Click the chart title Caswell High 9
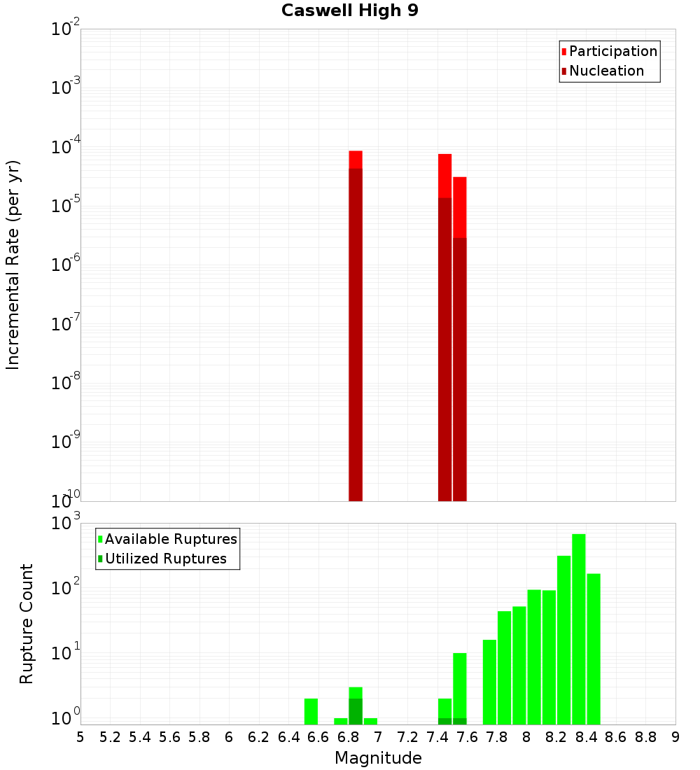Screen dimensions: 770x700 pyautogui.click(x=350, y=11)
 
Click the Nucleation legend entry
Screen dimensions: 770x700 pyautogui.click(x=606, y=71)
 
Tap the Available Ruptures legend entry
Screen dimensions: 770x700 pyautogui.click(x=171, y=539)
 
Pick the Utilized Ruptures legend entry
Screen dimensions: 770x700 pyautogui.click(x=165, y=559)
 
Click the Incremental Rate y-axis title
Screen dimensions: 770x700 pyautogui.click(x=13, y=265)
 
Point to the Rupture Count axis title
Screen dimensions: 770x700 pyautogui.click(x=27, y=623)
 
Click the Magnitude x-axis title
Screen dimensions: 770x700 pyautogui.click(x=378, y=758)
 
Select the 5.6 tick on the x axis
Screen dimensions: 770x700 pyautogui.click(x=169, y=737)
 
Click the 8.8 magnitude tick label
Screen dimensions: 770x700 pyautogui.click(x=645, y=737)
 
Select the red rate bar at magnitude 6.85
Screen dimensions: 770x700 pyautogui.click(x=356, y=329)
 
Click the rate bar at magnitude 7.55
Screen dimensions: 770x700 pyautogui.click(x=459, y=343)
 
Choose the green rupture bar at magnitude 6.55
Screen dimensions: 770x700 pyautogui.click(x=311, y=711)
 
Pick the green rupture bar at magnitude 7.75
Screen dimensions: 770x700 pyautogui.click(x=489, y=682)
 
